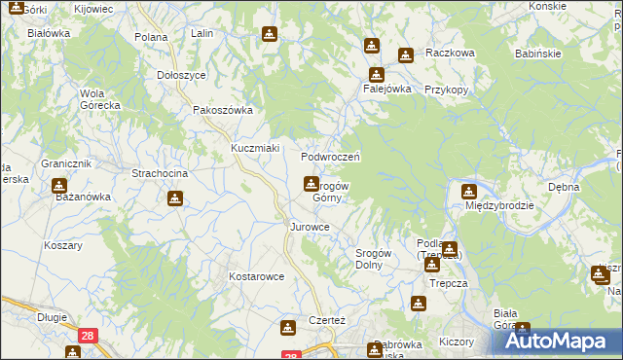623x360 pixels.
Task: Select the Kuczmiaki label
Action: click(255, 148)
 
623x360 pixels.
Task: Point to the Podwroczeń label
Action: click(331, 156)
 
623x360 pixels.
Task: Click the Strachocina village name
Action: click(160, 173)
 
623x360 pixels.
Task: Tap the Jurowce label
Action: click(310, 227)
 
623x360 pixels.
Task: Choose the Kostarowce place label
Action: click(256, 276)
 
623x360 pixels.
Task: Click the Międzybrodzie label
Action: click(497, 206)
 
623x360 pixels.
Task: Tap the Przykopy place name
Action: click(448, 89)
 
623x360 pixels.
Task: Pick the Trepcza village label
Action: click(428, 284)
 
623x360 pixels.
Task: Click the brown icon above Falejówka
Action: click(376, 74)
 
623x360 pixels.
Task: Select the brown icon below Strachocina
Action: click(174, 198)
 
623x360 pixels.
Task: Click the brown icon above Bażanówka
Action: click(59, 184)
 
